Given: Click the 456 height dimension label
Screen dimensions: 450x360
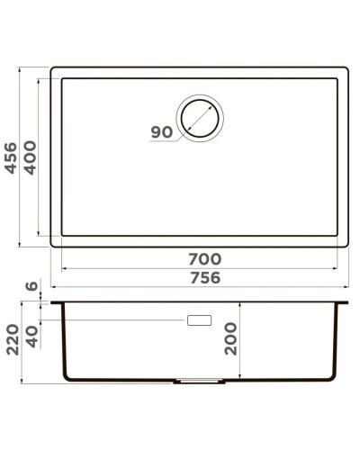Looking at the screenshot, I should click(12, 158).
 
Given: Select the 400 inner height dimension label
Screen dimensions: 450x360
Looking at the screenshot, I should click(30, 158).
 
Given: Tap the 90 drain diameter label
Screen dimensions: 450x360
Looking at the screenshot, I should click(162, 132).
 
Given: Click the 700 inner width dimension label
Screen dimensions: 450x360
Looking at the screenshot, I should click(205, 259).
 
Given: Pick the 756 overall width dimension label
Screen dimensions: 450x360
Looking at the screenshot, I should click(205, 278).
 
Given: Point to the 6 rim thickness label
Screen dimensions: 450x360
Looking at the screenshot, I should click(34, 287).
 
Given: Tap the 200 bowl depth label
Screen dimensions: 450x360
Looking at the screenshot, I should click(231, 338).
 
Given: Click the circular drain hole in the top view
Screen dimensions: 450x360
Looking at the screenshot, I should click(202, 117).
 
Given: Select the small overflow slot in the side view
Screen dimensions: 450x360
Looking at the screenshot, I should click(199, 320).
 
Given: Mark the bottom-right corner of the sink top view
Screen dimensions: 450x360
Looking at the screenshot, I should click(347, 245).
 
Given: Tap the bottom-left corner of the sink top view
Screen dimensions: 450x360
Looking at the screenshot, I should click(52, 245).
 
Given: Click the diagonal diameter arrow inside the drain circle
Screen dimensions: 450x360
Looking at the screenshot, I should click(202, 118).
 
